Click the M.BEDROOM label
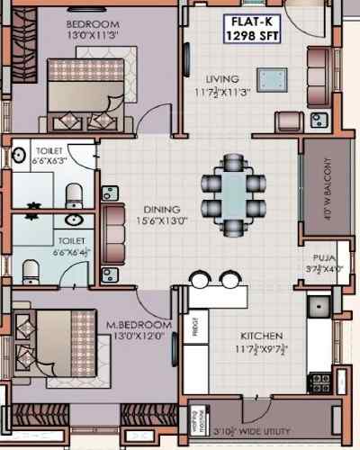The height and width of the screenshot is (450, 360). point(139,324)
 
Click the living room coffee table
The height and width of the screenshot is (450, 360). point(268,78)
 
